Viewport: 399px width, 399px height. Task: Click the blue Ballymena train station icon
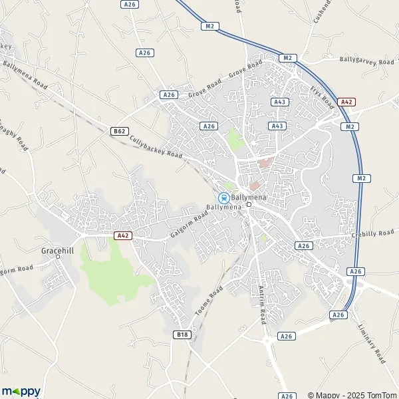(224, 198)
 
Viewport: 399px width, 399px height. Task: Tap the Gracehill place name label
(57, 251)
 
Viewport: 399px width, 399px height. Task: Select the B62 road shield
(120, 131)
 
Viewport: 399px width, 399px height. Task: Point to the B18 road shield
(182, 334)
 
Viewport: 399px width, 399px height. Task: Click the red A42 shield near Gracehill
(122, 235)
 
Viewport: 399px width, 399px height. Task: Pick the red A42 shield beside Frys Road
(346, 102)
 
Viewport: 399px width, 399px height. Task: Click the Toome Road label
(207, 303)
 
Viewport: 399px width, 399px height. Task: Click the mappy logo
(21, 392)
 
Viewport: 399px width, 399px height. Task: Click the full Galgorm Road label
(190, 225)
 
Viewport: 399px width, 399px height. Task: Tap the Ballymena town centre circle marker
(248, 205)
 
